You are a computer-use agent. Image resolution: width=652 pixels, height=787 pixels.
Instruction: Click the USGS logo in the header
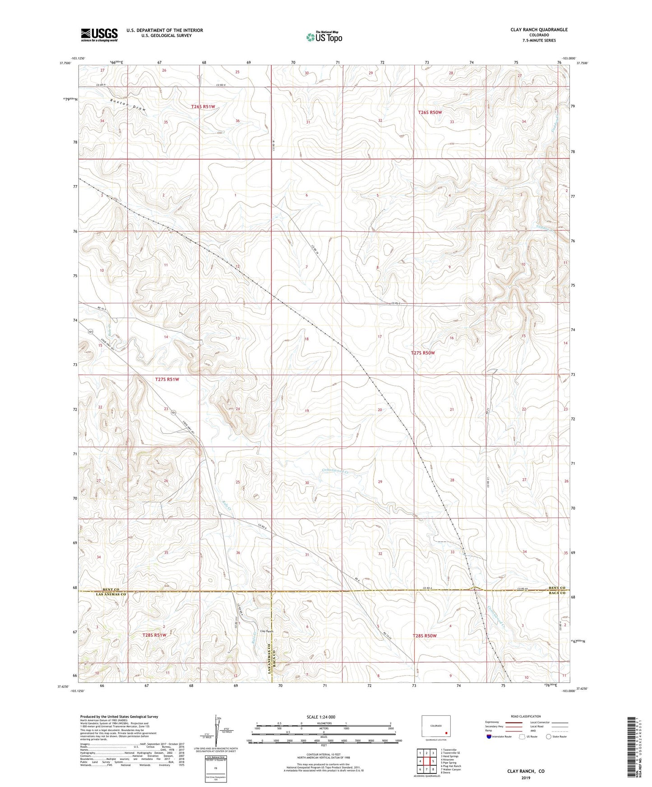pyautogui.click(x=99, y=34)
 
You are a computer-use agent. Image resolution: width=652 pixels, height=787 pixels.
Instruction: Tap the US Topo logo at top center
pyautogui.click(x=324, y=37)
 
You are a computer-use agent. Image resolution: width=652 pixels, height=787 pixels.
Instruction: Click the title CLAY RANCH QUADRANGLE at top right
pyautogui.click(x=539, y=30)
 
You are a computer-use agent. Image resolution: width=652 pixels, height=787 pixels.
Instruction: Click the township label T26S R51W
pyautogui.click(x=203, y=107)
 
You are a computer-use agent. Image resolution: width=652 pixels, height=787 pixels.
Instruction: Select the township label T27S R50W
pyautogui.click(x=423, y=353)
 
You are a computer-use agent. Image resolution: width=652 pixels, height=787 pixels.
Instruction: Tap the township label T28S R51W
pyautogui.click(x=154, y=635)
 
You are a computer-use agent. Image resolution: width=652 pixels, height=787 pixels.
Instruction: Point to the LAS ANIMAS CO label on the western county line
pyautogui.click(x=111, y=595)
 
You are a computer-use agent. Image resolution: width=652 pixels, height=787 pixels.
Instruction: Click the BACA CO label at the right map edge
pyautogui.click(x=557, y=593)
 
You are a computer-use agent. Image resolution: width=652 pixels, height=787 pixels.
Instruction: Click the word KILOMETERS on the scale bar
pyautogui.click(x=324, y=723)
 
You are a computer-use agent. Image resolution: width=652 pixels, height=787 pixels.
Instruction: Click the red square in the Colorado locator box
pyautogui.click(x=446, y=732)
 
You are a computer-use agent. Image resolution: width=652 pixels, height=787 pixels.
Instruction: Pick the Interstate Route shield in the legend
pyautogui.click(x=489, y=737)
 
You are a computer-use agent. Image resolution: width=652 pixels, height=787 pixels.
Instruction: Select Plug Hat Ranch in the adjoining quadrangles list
pyautogui.click(x=452, y=766)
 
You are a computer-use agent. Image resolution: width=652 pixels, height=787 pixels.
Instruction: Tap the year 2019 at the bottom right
pyautogui.click(x=526, y=778)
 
